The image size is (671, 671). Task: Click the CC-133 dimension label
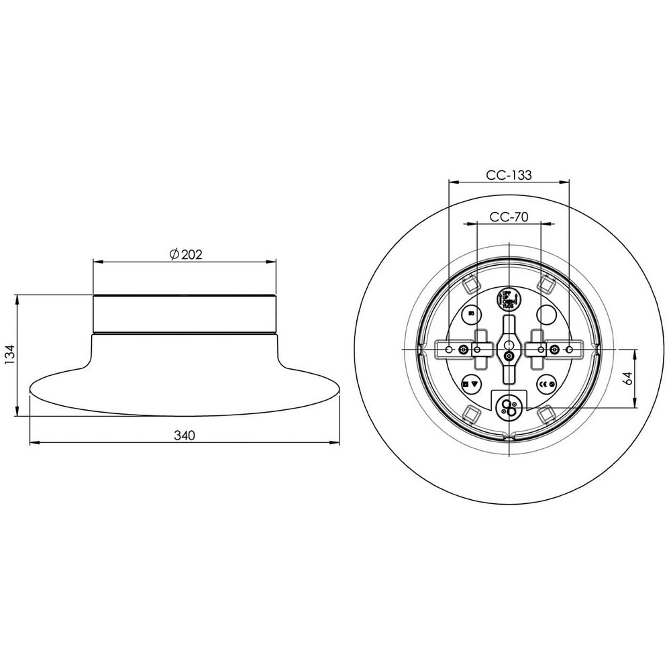click(x=509, y=175)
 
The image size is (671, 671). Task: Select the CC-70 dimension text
click(x=509, y=217)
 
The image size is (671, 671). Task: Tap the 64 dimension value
click(x=628, y=378)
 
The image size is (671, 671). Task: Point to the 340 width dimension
click(x=184, y=435)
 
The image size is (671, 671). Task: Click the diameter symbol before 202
click(x=173, y=254)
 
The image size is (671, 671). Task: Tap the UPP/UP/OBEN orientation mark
click(x=508, y=299)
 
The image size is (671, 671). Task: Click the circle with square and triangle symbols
click(x=471, y=384)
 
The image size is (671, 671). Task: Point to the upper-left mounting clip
click(x=469, y=284)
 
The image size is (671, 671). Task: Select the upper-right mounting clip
click(x=548, y=284)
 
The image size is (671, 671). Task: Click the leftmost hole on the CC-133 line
click(x=448, y=349)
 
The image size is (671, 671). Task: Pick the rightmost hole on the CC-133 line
click(x=569, y=349)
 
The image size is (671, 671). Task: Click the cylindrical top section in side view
click(x=185, y=314)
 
